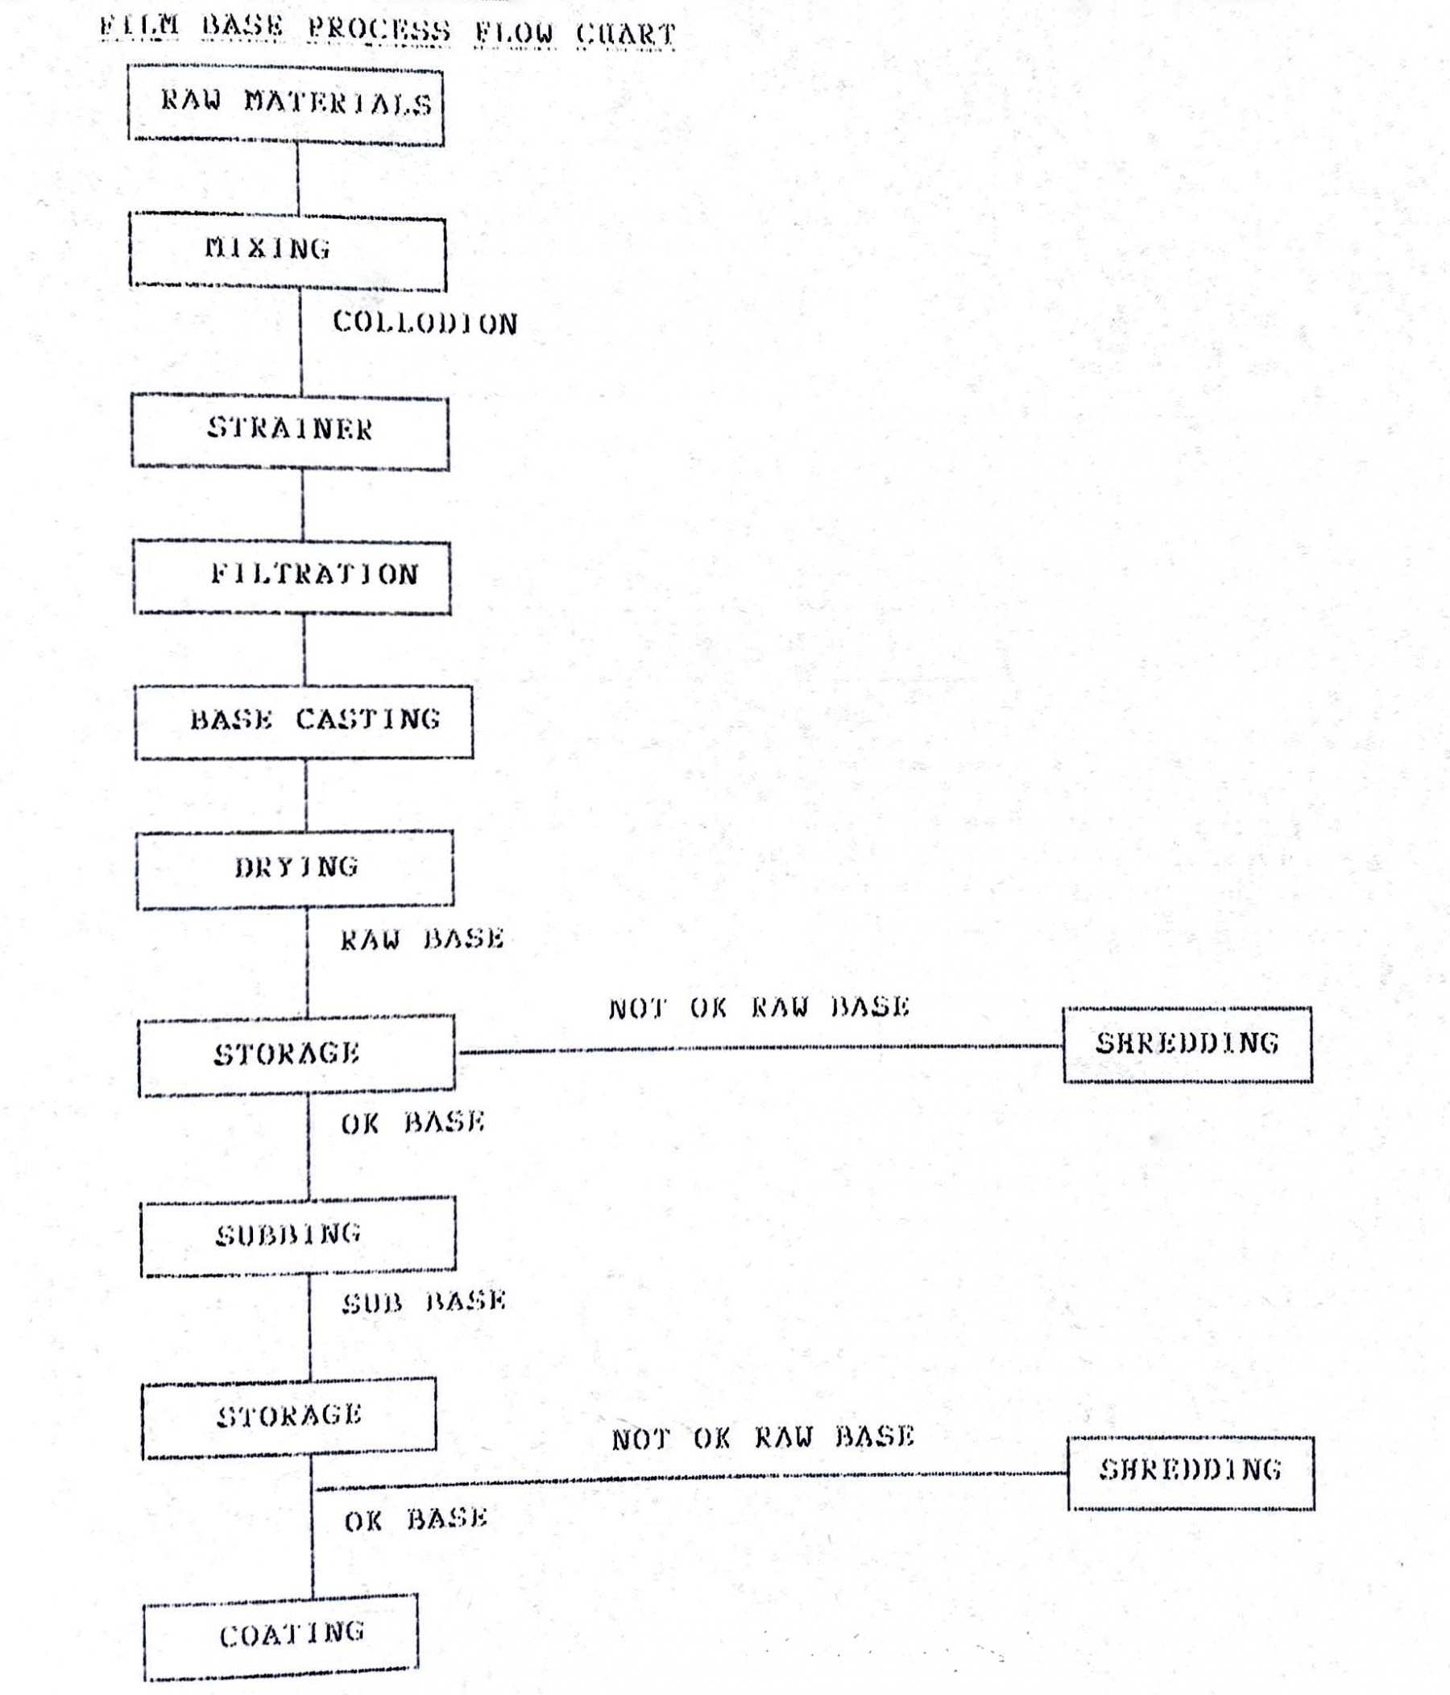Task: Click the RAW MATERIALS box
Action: click(285, 106)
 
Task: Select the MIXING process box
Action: click(288, 251)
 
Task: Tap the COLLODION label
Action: click(425, 323)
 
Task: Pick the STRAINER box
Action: click(290, 432)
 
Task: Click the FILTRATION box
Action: click(292, 577)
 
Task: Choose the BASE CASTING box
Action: click(304, 723)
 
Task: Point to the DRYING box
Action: click(295, 869)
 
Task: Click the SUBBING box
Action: click(299, 1236)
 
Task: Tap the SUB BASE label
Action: click(424, 1302)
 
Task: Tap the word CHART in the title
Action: click(626, 35)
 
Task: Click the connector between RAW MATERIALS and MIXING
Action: click(298, 180)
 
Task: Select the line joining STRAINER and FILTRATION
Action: click(303, 505)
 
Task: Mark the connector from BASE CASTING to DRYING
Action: click(306, 796)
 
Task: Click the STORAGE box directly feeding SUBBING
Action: click(297, 1055)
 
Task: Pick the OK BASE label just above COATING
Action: click(416, 1520)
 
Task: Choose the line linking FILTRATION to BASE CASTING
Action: click(304, 650)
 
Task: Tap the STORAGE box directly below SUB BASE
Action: click(289, 1418)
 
